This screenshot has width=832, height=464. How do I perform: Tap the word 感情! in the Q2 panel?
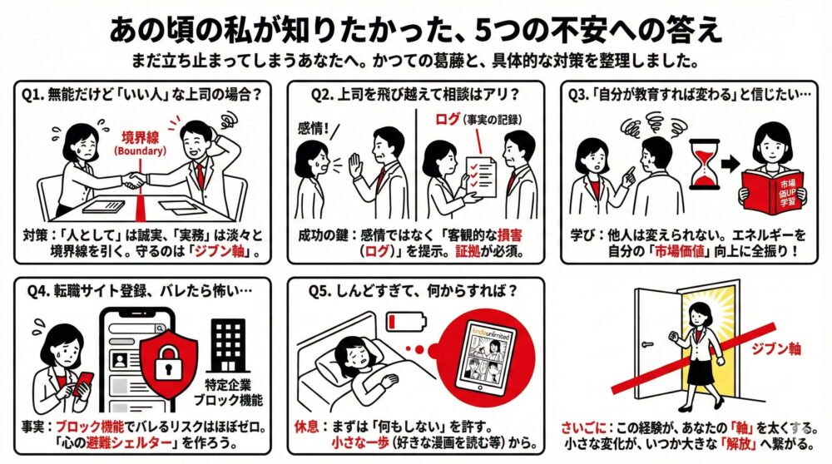314,128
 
